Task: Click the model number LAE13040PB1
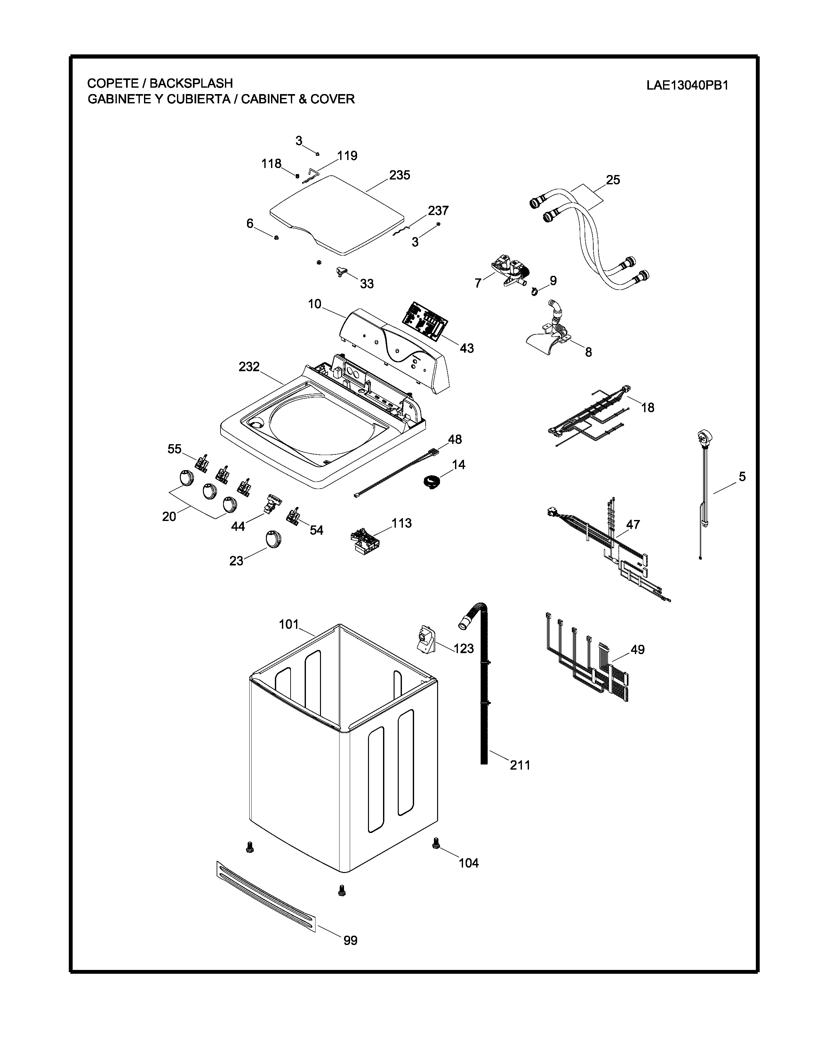click(687, 85)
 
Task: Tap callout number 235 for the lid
click(400, 175)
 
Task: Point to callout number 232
click(249, 367)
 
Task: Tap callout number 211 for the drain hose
click(520, 765)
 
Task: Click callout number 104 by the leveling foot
click(468, 863)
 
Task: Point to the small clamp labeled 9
click(534, 292)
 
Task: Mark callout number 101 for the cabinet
click(289, 624)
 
